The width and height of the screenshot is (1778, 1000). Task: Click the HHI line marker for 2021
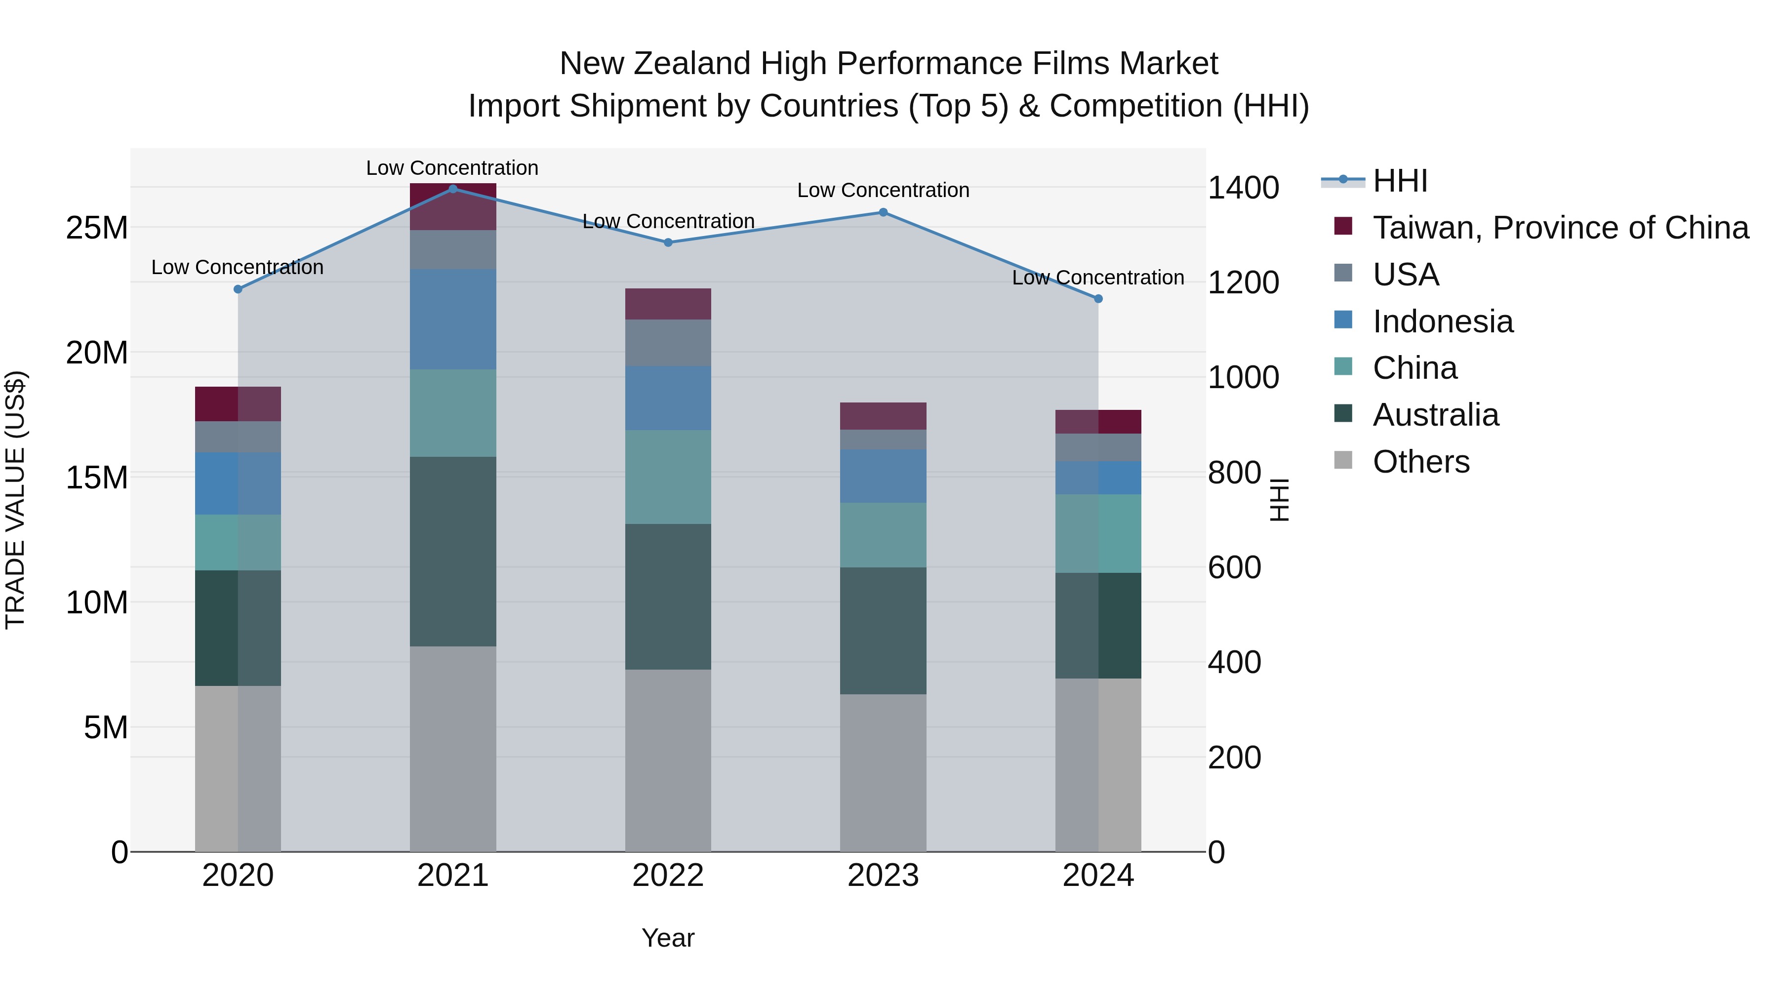pyautogui.click(x=453, y=189)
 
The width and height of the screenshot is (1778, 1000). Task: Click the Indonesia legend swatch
pyautogui.click(x=1343, y=320)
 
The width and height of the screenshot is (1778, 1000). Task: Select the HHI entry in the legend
pyautogui.click(x=1400, y=181)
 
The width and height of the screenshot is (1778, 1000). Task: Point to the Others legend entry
pyautogui.click(x=1420, y=462)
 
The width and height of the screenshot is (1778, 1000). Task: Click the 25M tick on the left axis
pyautogui.click(x=97, y=228)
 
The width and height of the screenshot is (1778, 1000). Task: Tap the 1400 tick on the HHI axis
pyautogui.click(x=1243, y=188)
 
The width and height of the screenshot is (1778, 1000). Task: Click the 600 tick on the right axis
pyautogui.click(x=1234, y=567)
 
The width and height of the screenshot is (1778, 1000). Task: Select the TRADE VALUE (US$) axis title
pyautogui.click(x=16, y=500)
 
